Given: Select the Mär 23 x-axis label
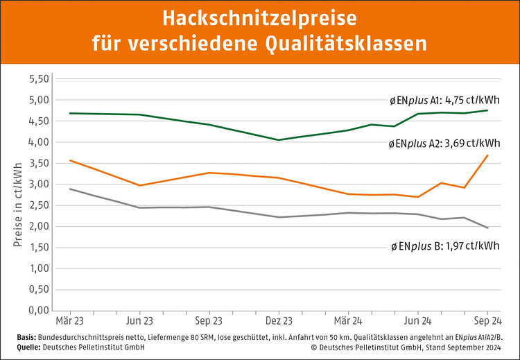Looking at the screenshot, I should pos(70,323).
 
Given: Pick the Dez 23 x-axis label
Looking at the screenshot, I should pos(279,323).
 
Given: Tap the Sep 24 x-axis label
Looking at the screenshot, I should pos(487,323).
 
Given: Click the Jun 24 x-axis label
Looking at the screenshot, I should pos(417,323).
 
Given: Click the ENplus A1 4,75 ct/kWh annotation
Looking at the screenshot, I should pos(444,100).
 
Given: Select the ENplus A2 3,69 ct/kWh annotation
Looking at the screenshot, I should pos(444,144).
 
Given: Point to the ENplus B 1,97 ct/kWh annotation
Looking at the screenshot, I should pos(444,246).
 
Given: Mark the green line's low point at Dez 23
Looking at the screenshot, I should pos(279,140).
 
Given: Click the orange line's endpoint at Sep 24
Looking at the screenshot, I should pos(487,155).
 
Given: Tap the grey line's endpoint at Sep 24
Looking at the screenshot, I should pos(487,228).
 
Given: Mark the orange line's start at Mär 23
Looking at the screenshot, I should pos(70,160).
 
